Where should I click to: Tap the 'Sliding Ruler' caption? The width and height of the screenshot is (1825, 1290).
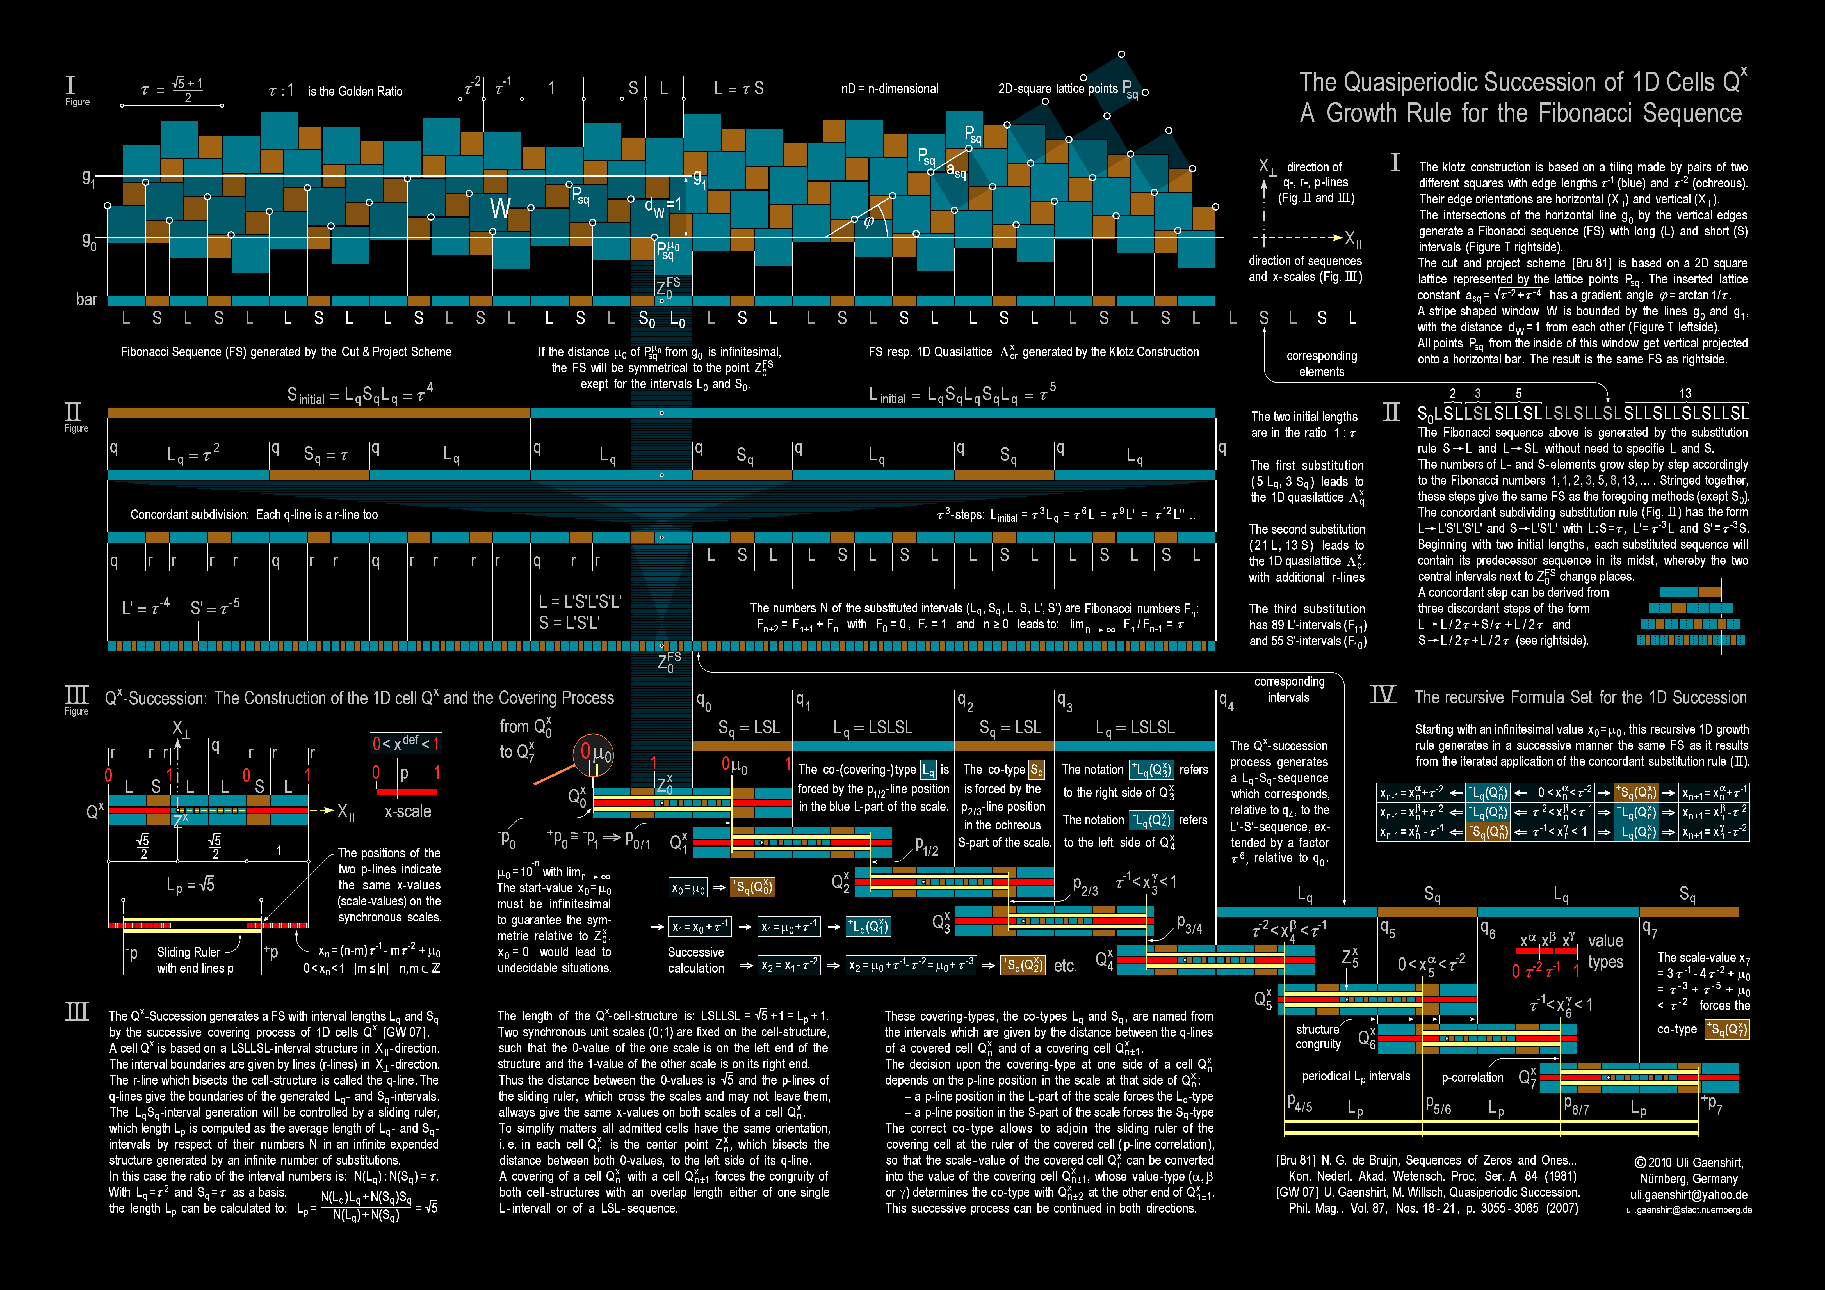point(188,952)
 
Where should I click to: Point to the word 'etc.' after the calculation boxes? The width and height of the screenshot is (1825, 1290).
point(1065,966)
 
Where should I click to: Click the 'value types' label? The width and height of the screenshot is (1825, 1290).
point(1605,952)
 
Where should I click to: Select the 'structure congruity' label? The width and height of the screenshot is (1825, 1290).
point(1318,1037)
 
